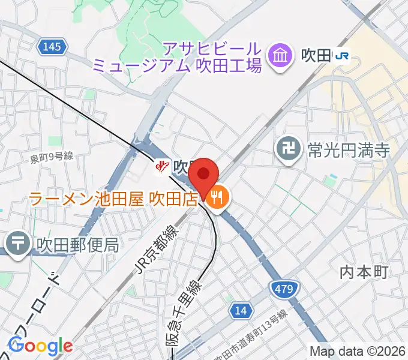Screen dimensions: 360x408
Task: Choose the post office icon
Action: pos(18,244)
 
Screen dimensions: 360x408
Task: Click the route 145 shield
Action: pos(52,46)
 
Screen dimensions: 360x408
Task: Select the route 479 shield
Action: pos(281,290)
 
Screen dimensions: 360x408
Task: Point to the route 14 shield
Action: pos(241,310)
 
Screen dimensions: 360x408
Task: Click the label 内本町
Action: pos(365,272)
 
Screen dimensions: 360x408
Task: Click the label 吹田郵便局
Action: pos(77,245)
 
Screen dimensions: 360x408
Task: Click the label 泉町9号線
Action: pos(52,157)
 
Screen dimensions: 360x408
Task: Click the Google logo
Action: pos(40,346)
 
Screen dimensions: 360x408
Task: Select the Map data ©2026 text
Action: pos(358,351)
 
